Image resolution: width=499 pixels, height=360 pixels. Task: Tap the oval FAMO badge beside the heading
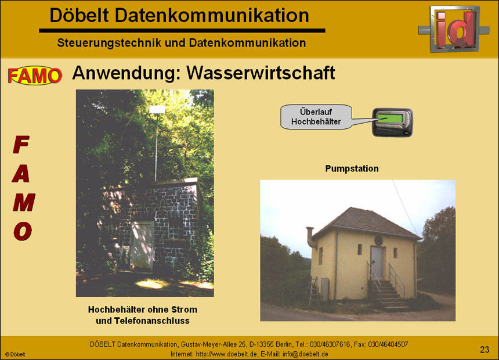point(35,75)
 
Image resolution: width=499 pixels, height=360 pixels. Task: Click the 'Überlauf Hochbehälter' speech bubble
point(316,117)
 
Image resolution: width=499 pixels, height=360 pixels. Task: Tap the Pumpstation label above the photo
point(352,169)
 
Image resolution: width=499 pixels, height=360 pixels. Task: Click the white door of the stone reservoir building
point(142,245)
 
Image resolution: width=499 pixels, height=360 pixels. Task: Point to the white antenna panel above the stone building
point(158,109)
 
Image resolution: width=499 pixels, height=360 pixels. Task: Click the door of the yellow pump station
point(377,262)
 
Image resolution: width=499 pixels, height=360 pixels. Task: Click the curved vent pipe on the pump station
point(310,236)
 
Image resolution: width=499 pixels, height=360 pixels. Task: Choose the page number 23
point(484,349)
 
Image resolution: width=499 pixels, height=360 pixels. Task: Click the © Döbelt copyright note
point(15,354)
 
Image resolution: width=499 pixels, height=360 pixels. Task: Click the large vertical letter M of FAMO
point(23,202)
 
